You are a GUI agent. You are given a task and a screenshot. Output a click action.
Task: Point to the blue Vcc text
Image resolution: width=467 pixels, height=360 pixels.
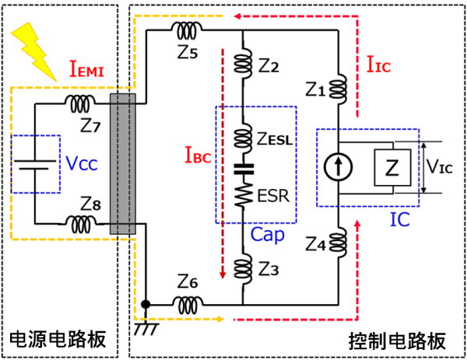[x=83, y=164]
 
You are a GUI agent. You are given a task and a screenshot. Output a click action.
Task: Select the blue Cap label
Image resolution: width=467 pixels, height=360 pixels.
[x=266, y=233]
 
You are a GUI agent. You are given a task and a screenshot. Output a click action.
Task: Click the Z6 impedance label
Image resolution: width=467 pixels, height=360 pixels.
[x=188, y=281]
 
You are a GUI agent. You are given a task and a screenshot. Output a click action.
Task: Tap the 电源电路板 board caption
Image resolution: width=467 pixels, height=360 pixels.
[x=56, y=340]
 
